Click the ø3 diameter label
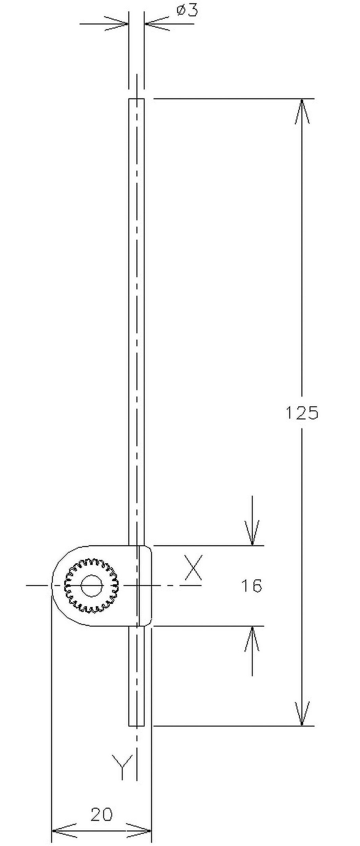point(187,11)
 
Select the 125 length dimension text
point(302,413)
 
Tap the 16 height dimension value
point(252,586)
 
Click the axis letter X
point(193,567)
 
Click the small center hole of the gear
point(92,586)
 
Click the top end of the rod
point(136,100)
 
